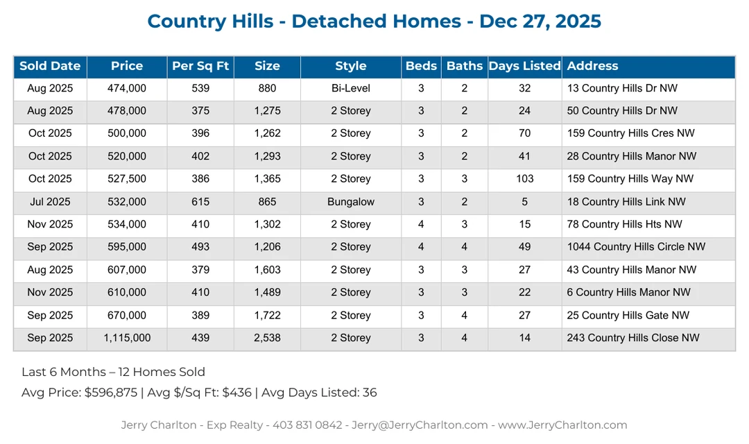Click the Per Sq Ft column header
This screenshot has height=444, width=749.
tap(200, 67)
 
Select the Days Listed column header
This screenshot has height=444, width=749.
tap(524, 67)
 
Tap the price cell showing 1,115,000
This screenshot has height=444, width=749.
tap(127, 339)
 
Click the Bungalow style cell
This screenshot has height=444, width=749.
tap(350, 203)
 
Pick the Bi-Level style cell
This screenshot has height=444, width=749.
tap(350, 89)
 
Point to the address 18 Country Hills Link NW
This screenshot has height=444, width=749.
tap(626, 203)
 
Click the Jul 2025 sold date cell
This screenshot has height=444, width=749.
tap(50, 203)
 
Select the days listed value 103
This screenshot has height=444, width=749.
tap(525, 180)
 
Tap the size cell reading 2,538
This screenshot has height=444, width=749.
tap(267, 339)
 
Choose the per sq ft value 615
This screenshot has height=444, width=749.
tap(200, 203)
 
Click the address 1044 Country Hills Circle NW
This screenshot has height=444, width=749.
tap(636, 248)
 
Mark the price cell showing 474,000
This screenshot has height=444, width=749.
tap(127, 89)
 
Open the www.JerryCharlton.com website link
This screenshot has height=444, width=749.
tap(562, 425)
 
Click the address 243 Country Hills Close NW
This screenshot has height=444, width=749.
tap(633, 339)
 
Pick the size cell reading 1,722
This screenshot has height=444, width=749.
tap(267, 316)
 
